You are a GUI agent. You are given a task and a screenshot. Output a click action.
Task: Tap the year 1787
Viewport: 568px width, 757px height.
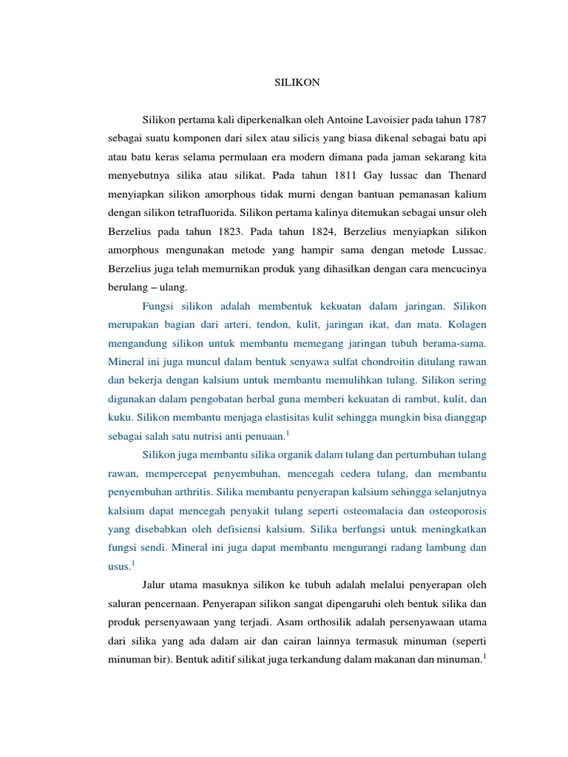tap(474, 120)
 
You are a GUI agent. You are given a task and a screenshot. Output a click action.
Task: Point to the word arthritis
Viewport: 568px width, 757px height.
tap(213, 492)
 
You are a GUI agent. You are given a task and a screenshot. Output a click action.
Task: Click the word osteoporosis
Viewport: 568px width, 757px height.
tap(452, 511)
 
